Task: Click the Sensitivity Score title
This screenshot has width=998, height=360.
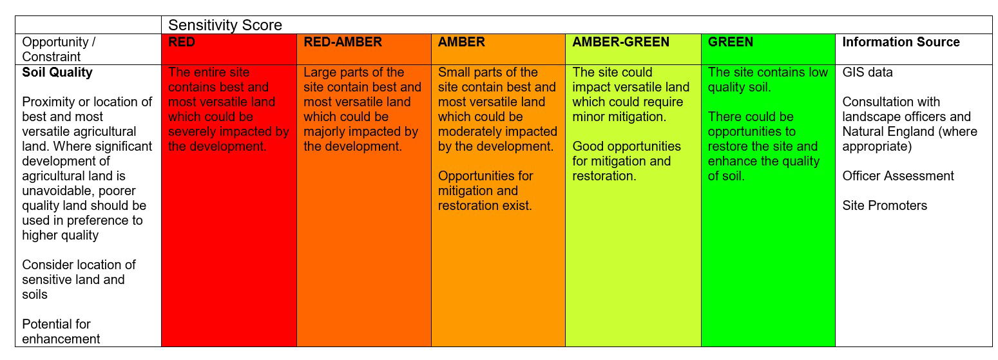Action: (225, 25)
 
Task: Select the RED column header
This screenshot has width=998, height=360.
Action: (181, 42)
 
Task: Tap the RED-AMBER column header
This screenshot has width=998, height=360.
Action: (343, 42)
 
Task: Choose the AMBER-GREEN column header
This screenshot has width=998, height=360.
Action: (620, 42)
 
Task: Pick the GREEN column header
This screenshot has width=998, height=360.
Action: (730, 42)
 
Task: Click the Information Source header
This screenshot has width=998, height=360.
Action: (901, 42)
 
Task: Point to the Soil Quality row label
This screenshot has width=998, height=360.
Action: (57, 72)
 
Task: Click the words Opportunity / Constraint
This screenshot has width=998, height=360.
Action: (59, 49)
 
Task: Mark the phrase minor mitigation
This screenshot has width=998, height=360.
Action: (619, 117)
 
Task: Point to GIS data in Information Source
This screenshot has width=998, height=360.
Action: (867, 72)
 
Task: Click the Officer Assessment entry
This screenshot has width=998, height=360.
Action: (898, 176)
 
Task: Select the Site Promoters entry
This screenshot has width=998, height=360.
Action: (885, 205)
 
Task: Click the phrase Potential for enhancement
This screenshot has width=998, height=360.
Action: (61, 332)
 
